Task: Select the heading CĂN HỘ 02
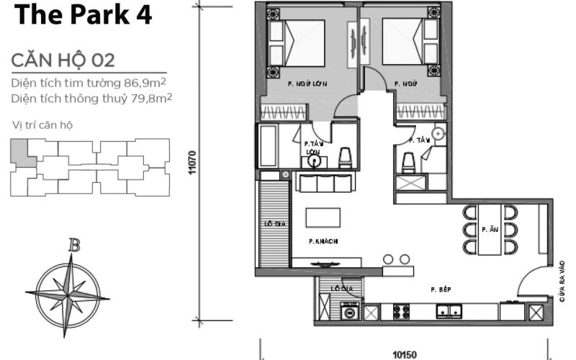(63, 60)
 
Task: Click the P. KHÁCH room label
(323, 240)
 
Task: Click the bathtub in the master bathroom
(274, 147)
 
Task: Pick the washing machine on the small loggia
(351, 312)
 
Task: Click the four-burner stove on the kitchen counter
(401, 312)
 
